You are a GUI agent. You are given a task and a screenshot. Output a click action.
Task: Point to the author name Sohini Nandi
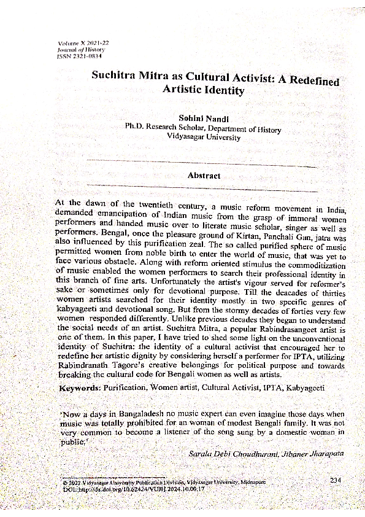202,117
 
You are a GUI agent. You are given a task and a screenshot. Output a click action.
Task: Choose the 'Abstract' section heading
204,176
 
